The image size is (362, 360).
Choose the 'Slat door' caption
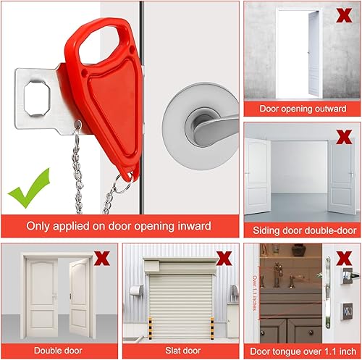180,351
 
